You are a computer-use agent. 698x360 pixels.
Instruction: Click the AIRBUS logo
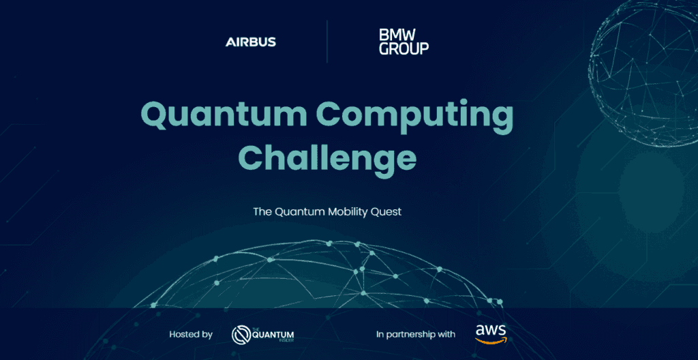(251, 42)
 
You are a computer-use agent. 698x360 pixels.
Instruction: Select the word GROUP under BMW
(404, 48)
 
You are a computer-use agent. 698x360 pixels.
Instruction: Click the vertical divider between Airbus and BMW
(327, 41)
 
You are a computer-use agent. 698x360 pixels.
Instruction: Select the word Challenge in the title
(327, 158)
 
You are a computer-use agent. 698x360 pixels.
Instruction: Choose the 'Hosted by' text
(191, 334)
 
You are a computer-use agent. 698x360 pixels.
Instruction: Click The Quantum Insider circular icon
(242, 334)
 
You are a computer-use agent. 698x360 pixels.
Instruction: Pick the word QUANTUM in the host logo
(276, 334)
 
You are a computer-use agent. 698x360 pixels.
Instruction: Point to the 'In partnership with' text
(416, 334)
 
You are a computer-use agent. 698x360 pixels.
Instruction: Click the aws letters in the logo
(491, 330)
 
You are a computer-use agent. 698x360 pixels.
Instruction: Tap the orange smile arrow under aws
(491, 340)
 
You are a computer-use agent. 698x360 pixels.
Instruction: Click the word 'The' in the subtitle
(262, 211)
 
